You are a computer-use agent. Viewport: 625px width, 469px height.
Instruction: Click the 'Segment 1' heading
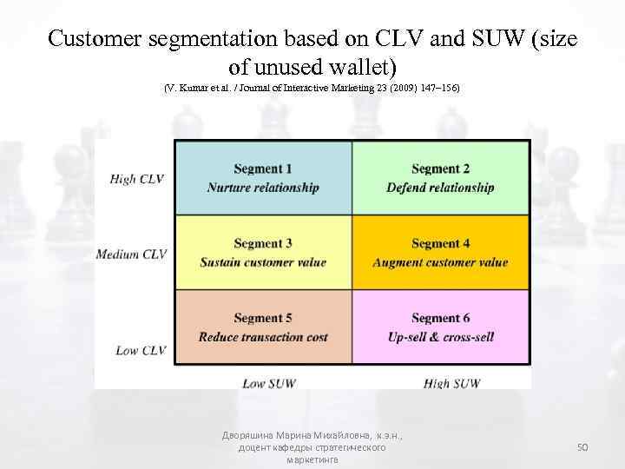263,168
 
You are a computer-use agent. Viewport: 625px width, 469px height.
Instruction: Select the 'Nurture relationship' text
263,188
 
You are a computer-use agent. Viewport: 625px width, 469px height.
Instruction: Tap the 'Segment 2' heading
441,168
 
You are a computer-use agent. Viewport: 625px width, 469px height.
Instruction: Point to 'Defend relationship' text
441,188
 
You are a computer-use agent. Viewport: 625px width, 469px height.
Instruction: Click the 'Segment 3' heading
263,244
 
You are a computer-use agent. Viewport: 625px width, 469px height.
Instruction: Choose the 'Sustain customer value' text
263,262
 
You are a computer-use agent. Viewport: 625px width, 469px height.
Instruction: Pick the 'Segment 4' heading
441,244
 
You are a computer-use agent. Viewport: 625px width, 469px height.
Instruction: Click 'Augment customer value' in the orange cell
441,262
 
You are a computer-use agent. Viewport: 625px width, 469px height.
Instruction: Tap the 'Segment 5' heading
263,319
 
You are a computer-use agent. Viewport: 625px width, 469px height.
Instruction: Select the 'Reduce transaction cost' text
263,337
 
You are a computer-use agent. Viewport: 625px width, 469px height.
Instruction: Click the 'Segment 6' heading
441,319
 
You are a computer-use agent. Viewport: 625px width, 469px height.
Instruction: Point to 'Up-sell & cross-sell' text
441,337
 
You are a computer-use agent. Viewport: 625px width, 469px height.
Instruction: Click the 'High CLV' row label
137,179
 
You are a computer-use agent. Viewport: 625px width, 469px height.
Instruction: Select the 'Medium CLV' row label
131,254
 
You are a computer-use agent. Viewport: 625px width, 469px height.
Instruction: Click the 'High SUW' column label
451,383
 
